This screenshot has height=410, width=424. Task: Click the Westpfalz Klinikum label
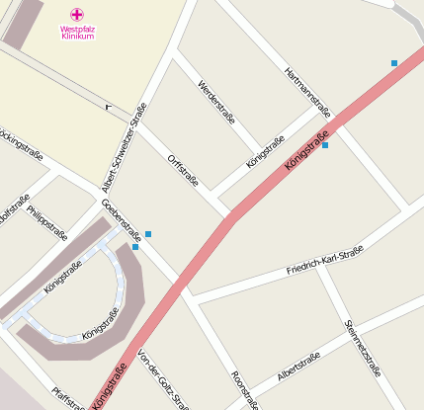(77, 32)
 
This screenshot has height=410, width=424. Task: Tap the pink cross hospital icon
(77, 14)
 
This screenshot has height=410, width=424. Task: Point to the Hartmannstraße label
(305, 93)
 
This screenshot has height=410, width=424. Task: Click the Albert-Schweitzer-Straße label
(126, 147)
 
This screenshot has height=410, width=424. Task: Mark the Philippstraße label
(47, 223)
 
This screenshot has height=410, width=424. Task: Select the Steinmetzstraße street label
(363, 348)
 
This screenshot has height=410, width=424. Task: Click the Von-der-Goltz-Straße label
(162, 379)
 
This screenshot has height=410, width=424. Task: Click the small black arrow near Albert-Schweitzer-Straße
(107, 106)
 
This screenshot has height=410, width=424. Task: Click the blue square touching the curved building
(135, 247)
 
